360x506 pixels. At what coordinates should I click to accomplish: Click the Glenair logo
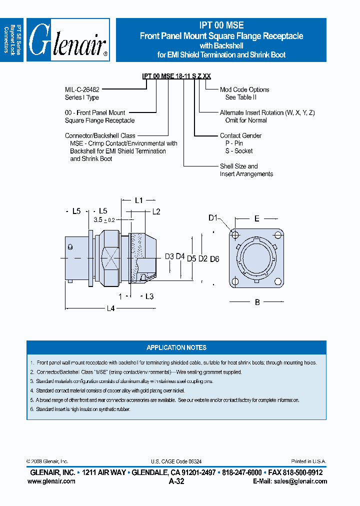pyautogui.click(x=68, y=40)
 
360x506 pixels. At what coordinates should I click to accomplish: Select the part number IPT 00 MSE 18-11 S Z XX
pyautogui.click(x=176, y=76)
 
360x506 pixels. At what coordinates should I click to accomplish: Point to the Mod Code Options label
pyautogui.click(x=244, y=89)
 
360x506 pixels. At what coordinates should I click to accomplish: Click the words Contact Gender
pyautogui.click(x=240, y=135)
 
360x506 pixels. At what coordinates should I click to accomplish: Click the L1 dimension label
pyautogui.click(x=139, y=200)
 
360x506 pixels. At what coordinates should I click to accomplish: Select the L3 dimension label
pyautogui.click(x=149, y=296)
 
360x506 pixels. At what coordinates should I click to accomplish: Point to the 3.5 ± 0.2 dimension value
pyautogui.click(x=104, y=219)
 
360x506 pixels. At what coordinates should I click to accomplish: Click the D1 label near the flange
pyautogui.click(x=213, y=218)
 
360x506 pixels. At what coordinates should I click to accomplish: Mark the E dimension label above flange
pyautogui.click(x=257, y=218)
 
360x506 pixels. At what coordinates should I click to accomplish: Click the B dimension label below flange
pyautogui.click(x=257, y=302)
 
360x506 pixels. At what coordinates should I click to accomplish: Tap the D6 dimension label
pyautogui.click(x=214, y=258)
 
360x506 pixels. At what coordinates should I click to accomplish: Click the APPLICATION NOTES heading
pyautogui.click(x=176, y=347)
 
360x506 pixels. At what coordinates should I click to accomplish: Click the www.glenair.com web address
pyautogui.click(x=51, y=481)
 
